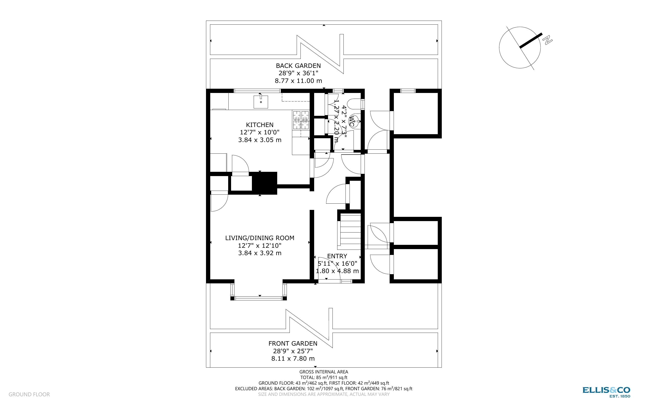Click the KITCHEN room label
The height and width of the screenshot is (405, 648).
click(x=260, y=125)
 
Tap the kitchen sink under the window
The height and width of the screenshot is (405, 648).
click(x=261, y=102)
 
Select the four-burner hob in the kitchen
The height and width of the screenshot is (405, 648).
click(x=301, y=120)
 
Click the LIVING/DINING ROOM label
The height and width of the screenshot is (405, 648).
click(x=260, y=238)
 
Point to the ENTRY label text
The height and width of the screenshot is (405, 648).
click(x=337, y=256)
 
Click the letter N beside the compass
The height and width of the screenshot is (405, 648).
click(x=548, y=41)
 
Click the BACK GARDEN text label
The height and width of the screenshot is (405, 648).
click(x=298, y=66)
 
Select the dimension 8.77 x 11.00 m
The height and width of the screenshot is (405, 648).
click(x=298, y=81)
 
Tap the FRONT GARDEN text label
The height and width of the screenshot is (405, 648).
click(x=293, y=343)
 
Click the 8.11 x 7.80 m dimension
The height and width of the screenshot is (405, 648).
click(x=293, y=358)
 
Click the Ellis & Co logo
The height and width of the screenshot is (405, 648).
click(x=606, y=392)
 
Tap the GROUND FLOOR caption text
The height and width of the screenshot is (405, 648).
click(x=29, y=394)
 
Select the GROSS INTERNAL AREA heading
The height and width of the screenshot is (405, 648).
click(x=324, y=372)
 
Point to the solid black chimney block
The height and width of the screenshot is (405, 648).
click(x=264, y=183)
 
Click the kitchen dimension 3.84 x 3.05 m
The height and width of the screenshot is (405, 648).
click(x=260, y=140)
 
